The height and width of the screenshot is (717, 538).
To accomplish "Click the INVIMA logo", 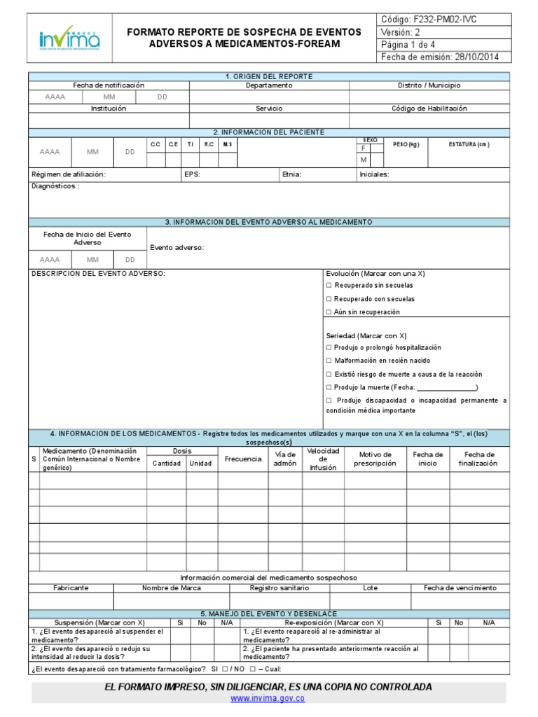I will [70, 39].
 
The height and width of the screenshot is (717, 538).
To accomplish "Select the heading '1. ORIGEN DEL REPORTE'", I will [269, 76].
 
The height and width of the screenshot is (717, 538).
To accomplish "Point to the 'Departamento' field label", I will [269, 85].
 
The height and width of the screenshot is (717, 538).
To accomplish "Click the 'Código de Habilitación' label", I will [429, 109].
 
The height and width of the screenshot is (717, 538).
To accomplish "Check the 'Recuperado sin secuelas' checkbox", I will [329, 286].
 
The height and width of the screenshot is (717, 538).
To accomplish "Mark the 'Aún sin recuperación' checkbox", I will [329, 312].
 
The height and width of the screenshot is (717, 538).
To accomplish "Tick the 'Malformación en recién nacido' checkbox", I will [329, 361].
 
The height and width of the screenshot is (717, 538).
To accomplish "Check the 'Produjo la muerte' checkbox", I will [329, 387].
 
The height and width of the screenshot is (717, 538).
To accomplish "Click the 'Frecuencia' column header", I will [243, 459].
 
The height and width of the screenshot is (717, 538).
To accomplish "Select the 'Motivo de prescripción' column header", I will [375, 459].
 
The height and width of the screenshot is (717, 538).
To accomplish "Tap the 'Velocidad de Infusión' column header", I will [323, 459].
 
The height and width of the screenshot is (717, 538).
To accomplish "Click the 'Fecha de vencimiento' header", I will [460, 588].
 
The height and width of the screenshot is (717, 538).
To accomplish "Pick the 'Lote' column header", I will [370, 588].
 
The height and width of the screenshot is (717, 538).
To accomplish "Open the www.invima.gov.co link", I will [268, 699].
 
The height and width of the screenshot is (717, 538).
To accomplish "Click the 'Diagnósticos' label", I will [55, 186].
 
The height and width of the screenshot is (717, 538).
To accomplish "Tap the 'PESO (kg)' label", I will [406, 144].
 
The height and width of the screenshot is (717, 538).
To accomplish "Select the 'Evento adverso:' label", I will [177, 248].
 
